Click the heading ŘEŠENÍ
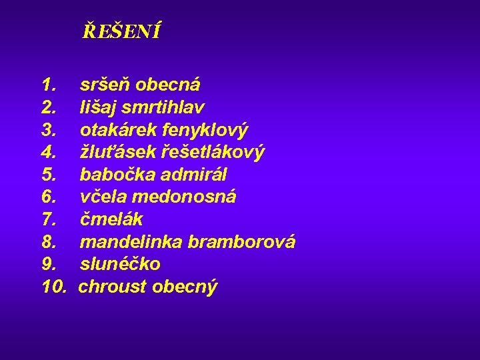(x=121, y=31)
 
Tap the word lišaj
(x=97, y=107)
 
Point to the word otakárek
(x=117, y=130)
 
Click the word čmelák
(x=111, y=219)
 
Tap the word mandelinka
(x=131, y=242)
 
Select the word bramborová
(x=241, y=242)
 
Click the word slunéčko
(x=120, y=264)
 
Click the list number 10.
(x=54, y=287)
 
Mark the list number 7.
(x=48, y=219)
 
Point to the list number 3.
(x=48, y=130)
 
